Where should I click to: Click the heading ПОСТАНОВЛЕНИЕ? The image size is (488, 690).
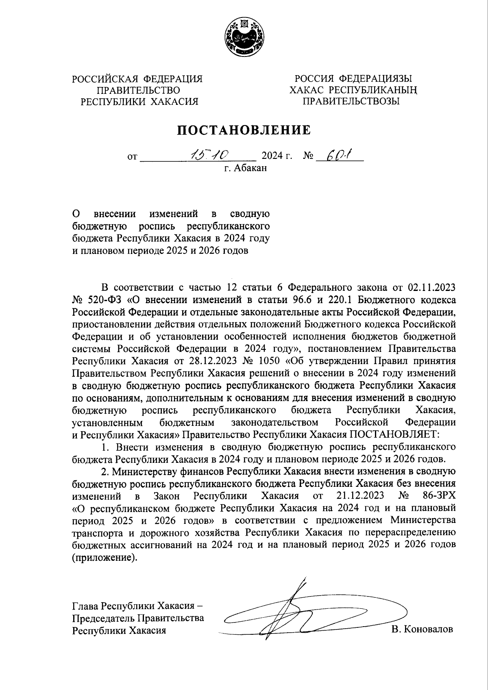[x=244, y=130]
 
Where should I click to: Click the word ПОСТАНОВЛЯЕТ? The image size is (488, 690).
[x=392, y=434]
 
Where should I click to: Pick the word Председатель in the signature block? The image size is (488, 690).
[x=103, y=618]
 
